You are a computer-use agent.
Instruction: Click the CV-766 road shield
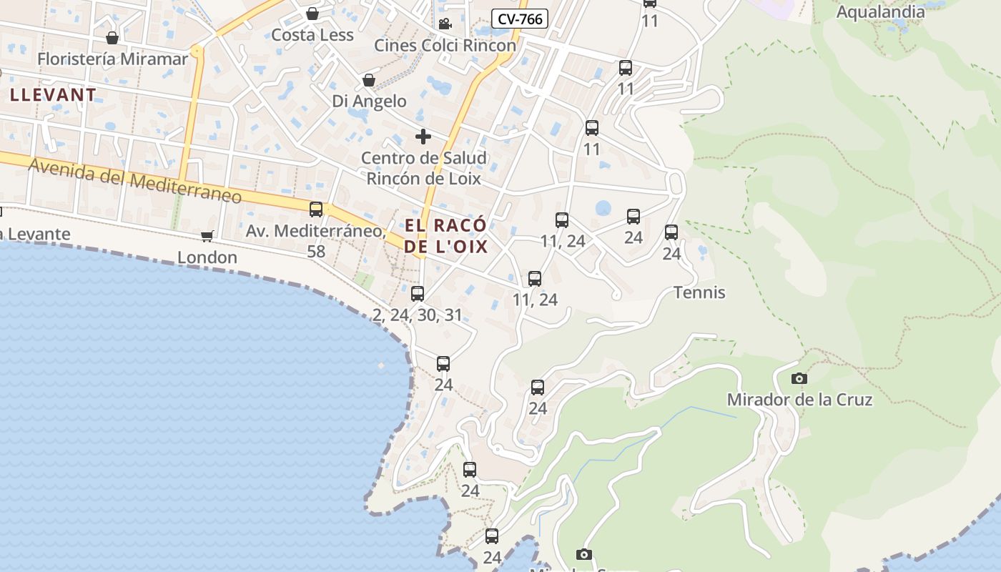click(520, 19)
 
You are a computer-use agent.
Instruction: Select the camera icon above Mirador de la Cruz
click(799, 378)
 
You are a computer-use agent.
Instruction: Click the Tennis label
click(699, 292)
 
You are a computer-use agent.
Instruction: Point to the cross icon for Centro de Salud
click(423, 136)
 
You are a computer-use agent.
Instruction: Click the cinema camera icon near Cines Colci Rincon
click(445, 24)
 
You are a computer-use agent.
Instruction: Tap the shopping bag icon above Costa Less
click(312, 14)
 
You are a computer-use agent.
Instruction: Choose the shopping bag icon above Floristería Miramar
click(112, 38)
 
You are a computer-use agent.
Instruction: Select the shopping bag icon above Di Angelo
click(369, 80)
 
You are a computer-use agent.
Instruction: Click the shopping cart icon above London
click(207, 236)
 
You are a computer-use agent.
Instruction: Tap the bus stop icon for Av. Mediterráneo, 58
click(316, 209)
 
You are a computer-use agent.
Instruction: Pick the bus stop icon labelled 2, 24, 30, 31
click(418, 294)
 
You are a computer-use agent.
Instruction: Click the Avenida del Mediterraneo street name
click(135, 180)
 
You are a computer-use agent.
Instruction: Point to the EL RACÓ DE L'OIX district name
click(445, 236)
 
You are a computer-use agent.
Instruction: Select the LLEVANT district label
click(53, 94)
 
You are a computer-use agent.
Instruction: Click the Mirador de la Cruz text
click(799, 400)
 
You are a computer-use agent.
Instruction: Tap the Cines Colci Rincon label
click(445, 46)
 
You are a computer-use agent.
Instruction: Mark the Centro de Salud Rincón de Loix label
click(423, 168)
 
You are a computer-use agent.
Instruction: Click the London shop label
click(207, 257)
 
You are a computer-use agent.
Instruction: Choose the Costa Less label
click(312, 35)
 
